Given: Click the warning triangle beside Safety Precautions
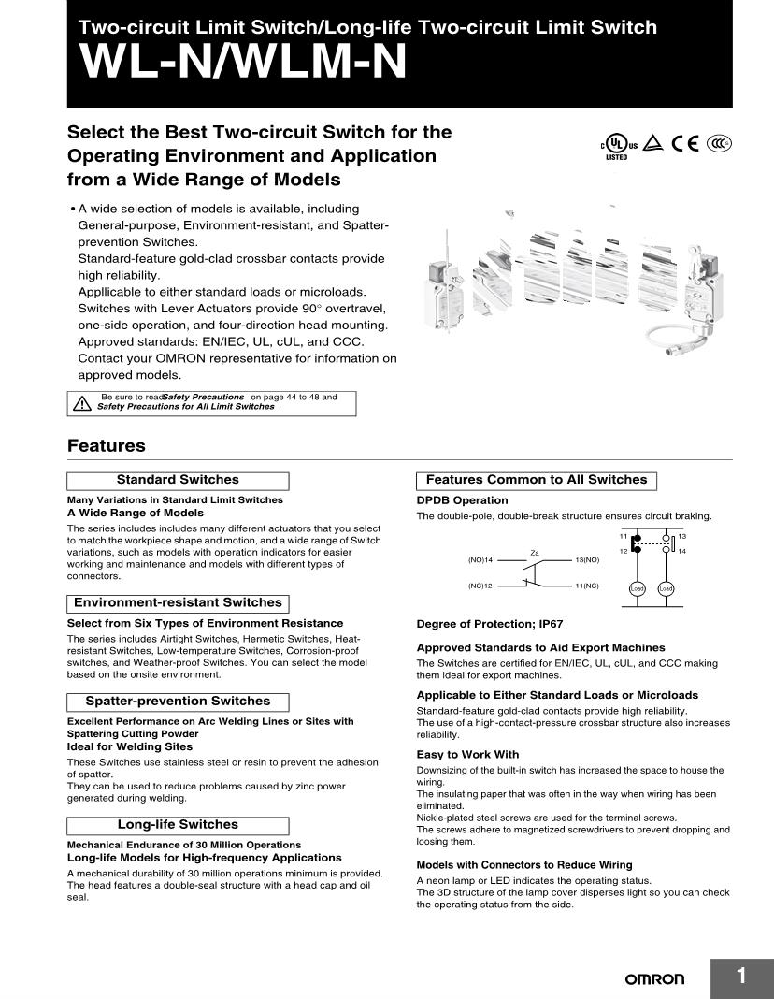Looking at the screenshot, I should point(81,402).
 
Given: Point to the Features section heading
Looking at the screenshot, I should point(107,446).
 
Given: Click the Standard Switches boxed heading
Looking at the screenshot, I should point(178,480).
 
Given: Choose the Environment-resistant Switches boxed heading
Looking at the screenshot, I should point(178,603).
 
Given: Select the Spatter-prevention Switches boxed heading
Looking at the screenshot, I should point(178,702).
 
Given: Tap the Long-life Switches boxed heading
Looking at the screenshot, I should point(178,825).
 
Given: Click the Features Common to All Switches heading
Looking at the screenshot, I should point(537,480).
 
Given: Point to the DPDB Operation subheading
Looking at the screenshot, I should point(462,500).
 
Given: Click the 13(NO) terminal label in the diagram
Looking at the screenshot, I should point(587,559).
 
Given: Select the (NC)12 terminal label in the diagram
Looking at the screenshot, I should point(480,586).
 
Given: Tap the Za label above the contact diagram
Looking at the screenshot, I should point(535,553).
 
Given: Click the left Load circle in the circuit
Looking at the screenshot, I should point(638,588).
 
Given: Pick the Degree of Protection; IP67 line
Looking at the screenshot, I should point(490,624).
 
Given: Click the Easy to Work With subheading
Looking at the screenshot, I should point(467,755).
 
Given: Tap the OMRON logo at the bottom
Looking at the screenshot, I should point(654,978).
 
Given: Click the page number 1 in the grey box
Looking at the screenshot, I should point(741,977).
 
